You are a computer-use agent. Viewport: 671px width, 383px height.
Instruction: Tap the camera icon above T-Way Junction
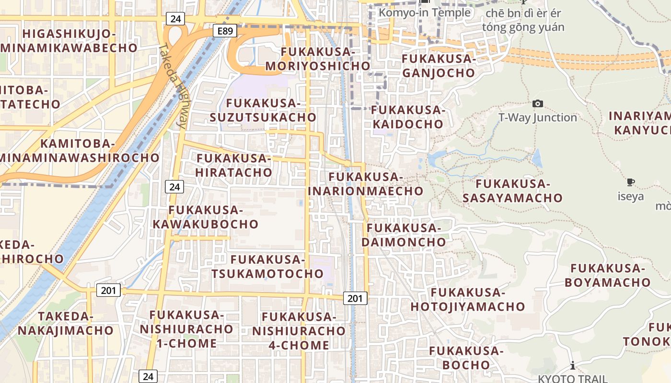pos(538,103)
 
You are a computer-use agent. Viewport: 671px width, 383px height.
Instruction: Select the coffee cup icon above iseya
pos(631,182)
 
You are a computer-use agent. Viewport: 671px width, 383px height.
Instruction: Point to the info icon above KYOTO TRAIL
pos(573,366)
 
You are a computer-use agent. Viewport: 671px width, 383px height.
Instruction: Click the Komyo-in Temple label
pos(425,13)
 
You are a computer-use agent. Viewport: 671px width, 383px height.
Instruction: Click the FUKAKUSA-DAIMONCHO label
pos(404,235)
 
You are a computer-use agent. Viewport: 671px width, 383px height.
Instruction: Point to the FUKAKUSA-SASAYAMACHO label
pos(512,191)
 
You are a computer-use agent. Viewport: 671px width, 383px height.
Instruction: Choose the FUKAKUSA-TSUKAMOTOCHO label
pos(267,267)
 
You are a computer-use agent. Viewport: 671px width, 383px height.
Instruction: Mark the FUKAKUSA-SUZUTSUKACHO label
pos(263,110)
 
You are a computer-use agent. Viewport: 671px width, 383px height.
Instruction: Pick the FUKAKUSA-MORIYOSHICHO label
pos(318,59)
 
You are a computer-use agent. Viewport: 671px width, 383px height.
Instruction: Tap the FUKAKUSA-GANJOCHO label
pos(438,66)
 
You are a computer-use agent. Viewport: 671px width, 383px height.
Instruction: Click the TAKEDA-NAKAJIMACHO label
pos(66,323)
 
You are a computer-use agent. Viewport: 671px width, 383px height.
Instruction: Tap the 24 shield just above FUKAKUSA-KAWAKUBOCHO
pos(174,187)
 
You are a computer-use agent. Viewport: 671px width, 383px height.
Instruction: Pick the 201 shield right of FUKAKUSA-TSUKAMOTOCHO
pos(355,298)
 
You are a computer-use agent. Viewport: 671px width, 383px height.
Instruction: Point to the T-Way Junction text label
pos(538,117)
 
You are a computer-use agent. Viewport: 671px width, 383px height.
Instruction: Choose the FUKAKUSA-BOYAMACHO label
pos(607,275)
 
